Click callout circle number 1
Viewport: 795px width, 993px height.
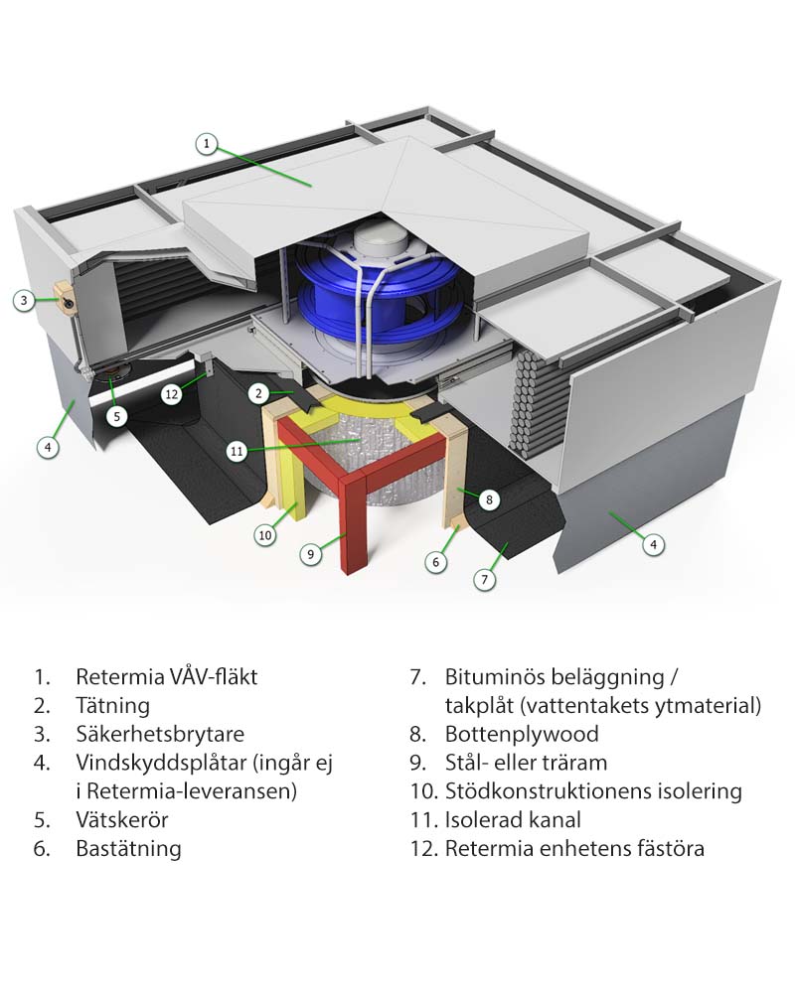click(x=206, y=144)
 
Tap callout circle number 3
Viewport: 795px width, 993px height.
click(x=24, y=300)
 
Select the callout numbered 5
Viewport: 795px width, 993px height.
click(x=116, y=416)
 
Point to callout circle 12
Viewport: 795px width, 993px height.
click(x=171, y=394)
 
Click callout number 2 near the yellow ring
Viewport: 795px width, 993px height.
click(x=258, y=394)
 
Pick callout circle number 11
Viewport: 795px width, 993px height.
click(x=237, y=451)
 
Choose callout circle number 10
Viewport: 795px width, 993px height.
click(x=265, y=535)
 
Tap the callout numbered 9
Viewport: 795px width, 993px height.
click(x=310, y=554)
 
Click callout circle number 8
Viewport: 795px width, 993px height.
click(x=489, y=499)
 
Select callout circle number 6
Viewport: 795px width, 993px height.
click(x=435, y=562)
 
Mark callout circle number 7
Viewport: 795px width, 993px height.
click(x=485, y=579)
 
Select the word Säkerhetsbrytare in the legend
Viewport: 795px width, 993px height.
click(x=160, y=734)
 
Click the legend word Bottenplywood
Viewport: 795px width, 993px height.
click(x=522, y=734)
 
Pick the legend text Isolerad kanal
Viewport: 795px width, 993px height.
click(x=513, y=819)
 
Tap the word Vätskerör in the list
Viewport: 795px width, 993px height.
click(x=121, y=819)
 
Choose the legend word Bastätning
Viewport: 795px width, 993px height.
click(x=128, y=849)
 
